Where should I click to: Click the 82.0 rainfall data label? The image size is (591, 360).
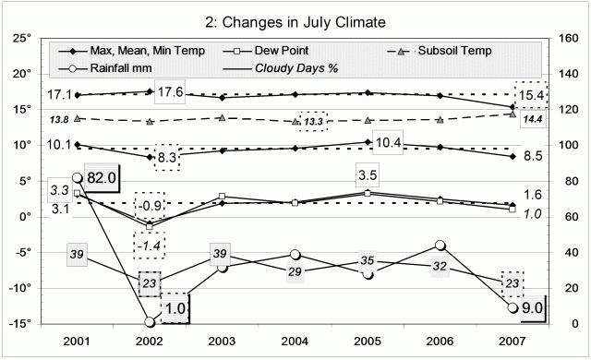pyautogui.click(x=103, y=178)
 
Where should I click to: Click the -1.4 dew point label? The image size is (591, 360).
pyautogui.click(x=150, y=245)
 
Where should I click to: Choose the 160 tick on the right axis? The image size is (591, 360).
pyautogui.click(x=564, y=38)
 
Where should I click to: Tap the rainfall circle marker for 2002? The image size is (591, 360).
pyautogui.click(x=150, y=321)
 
